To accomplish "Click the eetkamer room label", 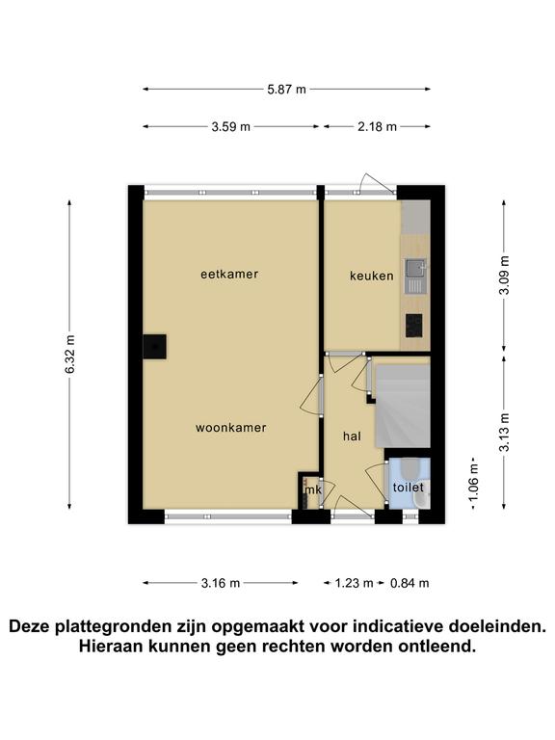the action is [229, 275].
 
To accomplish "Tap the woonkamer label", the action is [231, 428].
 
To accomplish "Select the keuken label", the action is [371, 276].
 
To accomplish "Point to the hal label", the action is [352, 436].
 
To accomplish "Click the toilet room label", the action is [409, 487].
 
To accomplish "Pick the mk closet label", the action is [313, 489].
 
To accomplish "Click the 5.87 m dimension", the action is [286, 90].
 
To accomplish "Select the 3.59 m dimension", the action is [231, 126].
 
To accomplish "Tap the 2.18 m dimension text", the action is [377, 126].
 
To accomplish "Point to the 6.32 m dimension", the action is [69, 355].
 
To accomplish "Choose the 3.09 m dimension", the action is [505, 276].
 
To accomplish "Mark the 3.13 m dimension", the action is [505, 433].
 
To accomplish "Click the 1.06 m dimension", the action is [474, 483].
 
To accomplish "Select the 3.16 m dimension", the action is [221, 583].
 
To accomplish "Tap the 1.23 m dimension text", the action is [354, 583].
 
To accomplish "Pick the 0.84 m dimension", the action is [410, 583].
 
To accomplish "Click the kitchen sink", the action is [416, 277].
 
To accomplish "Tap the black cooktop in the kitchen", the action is [414, 326].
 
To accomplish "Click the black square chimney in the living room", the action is [155, 347].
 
